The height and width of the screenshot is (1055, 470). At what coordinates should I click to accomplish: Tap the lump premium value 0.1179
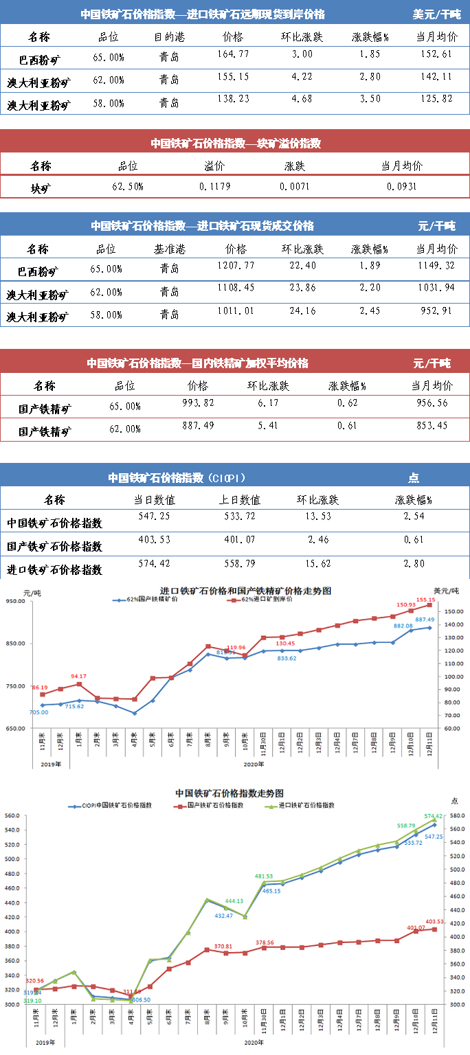tap(214, 185)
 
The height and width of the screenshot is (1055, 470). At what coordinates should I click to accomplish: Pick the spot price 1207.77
tap(236, 264)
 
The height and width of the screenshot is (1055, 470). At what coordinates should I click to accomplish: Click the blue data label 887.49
tap(423, 620)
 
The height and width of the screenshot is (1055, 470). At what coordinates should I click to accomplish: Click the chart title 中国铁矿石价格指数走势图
tap(230, 793)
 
